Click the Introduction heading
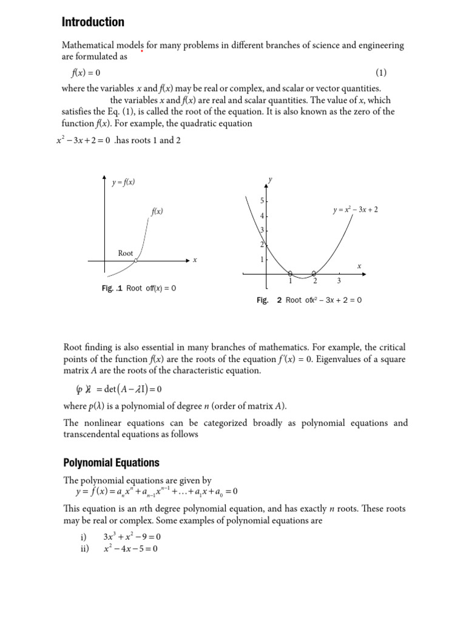[x=93, y=22]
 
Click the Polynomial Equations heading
[x=111, y=463]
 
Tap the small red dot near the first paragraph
[x=142, y=52]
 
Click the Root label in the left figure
[x=126, y=253]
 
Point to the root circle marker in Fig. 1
[x=136, y=261]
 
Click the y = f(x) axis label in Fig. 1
[x=124, y=181]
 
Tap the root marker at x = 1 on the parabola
[x=290, y=274]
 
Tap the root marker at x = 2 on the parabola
[x=314, y=274]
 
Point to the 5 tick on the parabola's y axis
[x=262, y=201]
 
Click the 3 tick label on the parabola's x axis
[x=339, y=281]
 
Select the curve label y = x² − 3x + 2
[x=356, y=210]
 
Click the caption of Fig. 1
[x=139, y=289]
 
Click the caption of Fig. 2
[x=309, y=300]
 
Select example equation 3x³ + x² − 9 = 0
[x=132, y=537]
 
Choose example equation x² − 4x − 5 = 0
[x=130, y=549]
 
